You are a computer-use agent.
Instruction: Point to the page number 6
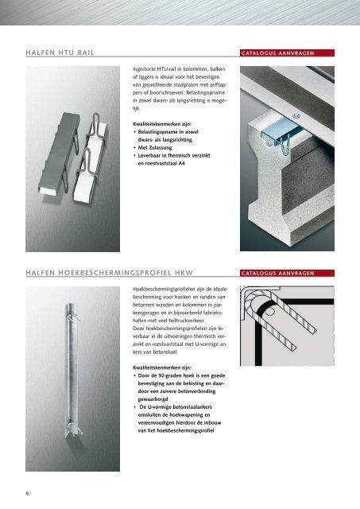pyautogui.click(x=27, y=492)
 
